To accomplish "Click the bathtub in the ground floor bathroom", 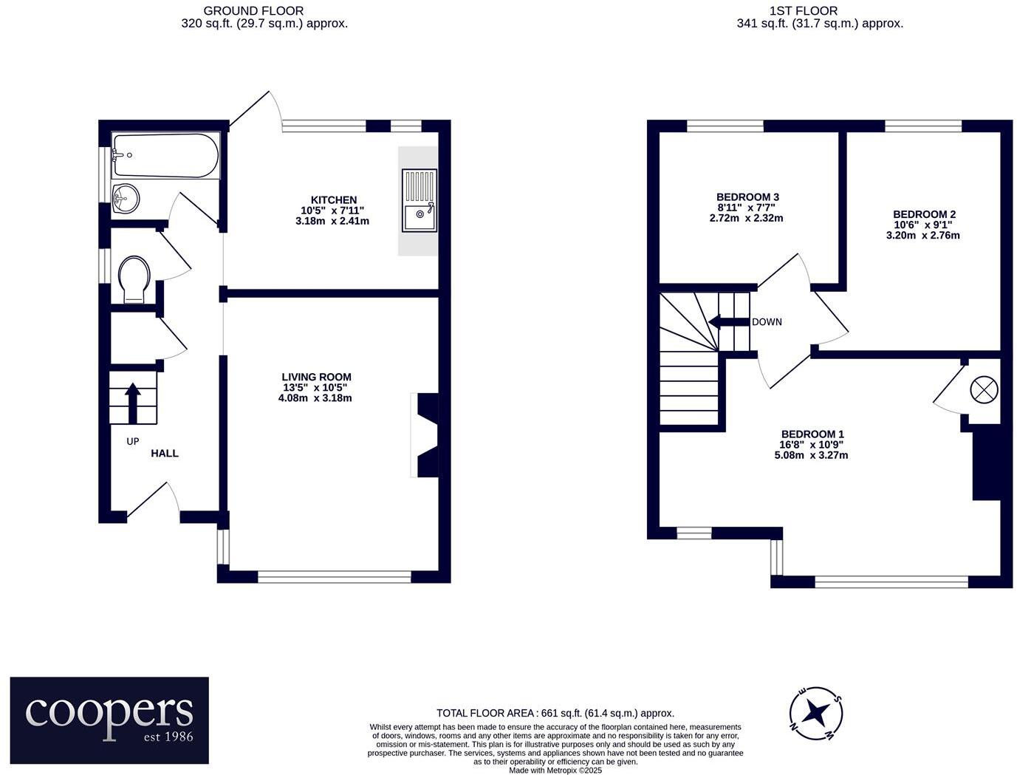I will pos(165,155).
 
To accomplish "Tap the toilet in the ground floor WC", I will pos(134,279).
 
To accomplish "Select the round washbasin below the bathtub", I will pos(126,198).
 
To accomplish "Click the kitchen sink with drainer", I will pos(419,200).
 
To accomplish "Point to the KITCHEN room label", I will pos(334,200).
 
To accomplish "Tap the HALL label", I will pos(165,453).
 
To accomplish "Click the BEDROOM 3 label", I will pos(747,197).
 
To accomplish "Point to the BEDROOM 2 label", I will pos(924,214).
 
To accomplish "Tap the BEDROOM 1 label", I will pos(812,434).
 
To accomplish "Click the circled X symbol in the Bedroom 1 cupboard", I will pos(984,389).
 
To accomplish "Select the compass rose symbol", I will pos(816,713).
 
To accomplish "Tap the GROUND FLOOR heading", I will pos(253,10).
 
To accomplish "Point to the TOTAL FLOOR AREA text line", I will pos(555,713).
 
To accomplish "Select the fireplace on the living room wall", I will pos(427,435).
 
